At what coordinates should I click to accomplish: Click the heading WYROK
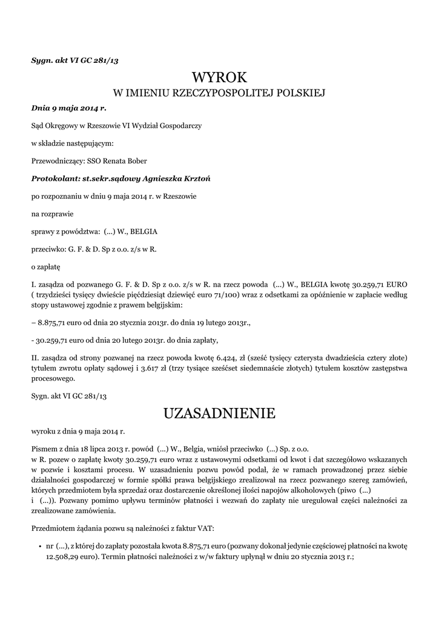(x=219, y=77)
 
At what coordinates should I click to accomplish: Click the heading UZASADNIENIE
(x=219, y=413)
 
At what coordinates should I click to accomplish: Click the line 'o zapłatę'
(x=45, y=266)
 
